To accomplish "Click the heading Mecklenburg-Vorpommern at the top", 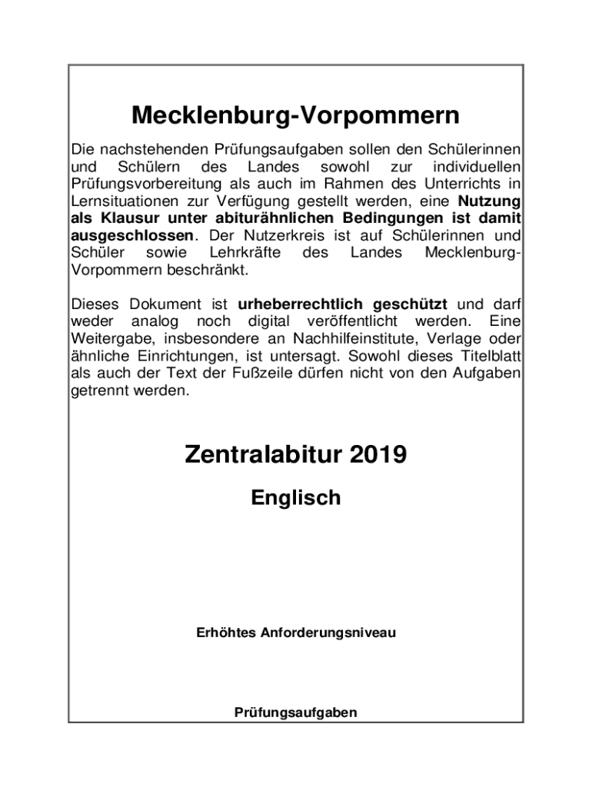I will point(295,116).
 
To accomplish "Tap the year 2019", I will point(373,455).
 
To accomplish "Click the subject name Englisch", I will point(295,498).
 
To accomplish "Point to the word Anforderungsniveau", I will point(328,633).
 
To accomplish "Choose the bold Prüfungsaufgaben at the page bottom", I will point(295,712).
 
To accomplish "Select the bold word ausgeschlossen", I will point(132,235).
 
